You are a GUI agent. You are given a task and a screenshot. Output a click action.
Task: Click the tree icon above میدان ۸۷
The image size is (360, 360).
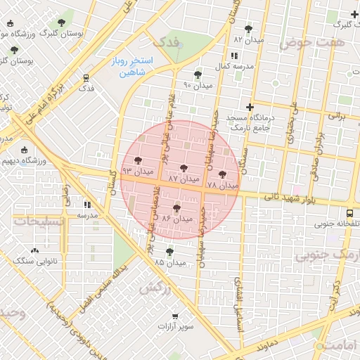click(184, 169)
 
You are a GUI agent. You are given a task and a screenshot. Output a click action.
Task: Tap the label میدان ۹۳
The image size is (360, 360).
click(137, 171)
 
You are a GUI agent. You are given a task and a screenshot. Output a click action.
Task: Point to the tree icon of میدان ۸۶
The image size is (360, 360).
click(176, 208)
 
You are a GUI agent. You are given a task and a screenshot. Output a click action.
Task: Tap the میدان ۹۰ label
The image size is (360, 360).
click(197, 85)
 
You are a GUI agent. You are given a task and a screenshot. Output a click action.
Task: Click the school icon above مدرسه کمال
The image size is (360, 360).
click(233, 56)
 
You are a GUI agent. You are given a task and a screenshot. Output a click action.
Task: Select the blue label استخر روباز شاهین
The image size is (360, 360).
click(127, 67)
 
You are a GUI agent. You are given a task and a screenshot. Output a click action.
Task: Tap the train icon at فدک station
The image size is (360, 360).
click(86, 78)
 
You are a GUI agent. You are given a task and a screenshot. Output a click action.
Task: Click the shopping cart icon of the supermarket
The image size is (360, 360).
click(174, 316)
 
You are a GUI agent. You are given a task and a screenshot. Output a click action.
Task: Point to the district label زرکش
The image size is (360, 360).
click(155, 288)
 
